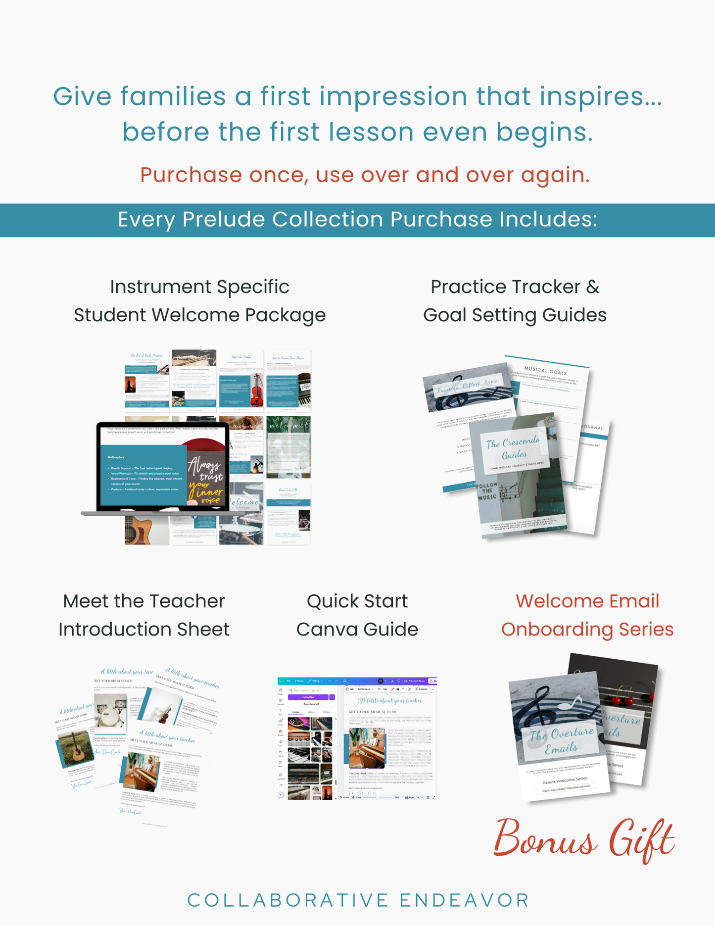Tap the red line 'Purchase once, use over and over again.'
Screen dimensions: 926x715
click(x=365, y=175)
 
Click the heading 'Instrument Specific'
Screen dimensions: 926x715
click(x=199, y=287)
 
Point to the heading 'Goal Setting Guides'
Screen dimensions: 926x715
click(x=515, y=315)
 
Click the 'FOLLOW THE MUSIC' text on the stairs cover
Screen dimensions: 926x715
click(x=487, y=491)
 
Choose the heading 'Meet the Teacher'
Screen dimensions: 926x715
click(x=144, y=601)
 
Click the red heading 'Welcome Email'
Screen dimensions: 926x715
click(x=587, y=601)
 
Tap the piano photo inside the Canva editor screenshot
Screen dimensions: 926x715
click(x=367, y=747)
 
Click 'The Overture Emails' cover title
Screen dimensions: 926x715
click(x=561, y=741)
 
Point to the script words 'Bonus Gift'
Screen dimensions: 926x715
click(x=584, y=838)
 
